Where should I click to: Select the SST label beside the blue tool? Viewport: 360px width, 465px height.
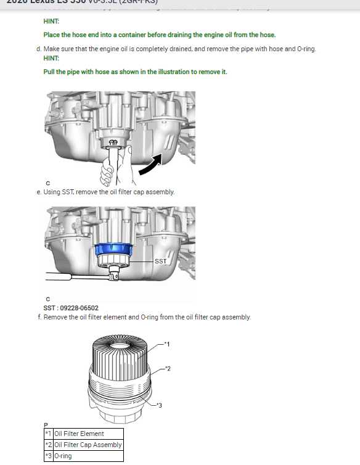click(160, 261)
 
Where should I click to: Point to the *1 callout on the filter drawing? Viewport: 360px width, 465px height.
click(166, 343)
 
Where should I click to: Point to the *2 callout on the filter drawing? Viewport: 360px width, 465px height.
click(167, 368)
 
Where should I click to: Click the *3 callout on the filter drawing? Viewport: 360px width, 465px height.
click(158, 405)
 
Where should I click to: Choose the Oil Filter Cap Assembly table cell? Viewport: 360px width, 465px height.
click(88, 445)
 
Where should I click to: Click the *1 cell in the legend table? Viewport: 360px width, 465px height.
click(48, 434)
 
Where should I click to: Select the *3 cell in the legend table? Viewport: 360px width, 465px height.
click(48, 456)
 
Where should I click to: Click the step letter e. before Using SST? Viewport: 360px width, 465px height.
click(39, 192)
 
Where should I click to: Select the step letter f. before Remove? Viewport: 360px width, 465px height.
click(39, 317)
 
